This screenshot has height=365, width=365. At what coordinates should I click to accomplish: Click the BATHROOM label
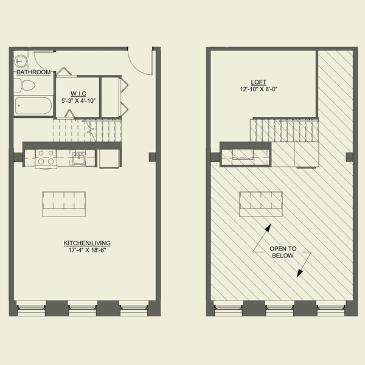coord(33,72)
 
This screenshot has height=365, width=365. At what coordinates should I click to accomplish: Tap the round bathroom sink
coord(21,61)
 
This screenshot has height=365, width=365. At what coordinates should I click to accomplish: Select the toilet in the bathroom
coord(24,85)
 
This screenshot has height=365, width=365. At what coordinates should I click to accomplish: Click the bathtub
coord(33,106)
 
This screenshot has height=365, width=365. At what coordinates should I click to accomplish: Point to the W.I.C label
coord(78,94)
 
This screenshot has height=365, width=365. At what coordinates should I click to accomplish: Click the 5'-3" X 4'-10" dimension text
coord(78,101)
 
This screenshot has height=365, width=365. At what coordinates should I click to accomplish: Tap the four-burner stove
coord(46,159)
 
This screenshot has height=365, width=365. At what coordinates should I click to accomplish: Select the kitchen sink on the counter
coord(79,158)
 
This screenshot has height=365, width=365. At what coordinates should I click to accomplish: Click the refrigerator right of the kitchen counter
coord(109,158)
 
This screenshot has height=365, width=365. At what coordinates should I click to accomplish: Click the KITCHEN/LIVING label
coord(87,243)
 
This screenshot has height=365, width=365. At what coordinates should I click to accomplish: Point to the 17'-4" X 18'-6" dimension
coord(87,250)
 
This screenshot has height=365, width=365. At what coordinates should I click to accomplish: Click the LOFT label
coord(259,82)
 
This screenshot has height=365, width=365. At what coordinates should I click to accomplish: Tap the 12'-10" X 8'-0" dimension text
coord(259,89)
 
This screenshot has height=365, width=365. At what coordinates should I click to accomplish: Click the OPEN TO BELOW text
coord(283,252)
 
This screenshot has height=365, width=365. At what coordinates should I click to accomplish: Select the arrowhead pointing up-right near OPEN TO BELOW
coord(269,228)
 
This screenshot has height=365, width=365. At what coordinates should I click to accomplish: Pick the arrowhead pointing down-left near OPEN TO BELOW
coord(299,274)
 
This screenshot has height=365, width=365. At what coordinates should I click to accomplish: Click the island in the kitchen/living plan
coord(64,204)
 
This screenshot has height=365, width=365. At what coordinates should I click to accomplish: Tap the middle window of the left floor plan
coord(82,308)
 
